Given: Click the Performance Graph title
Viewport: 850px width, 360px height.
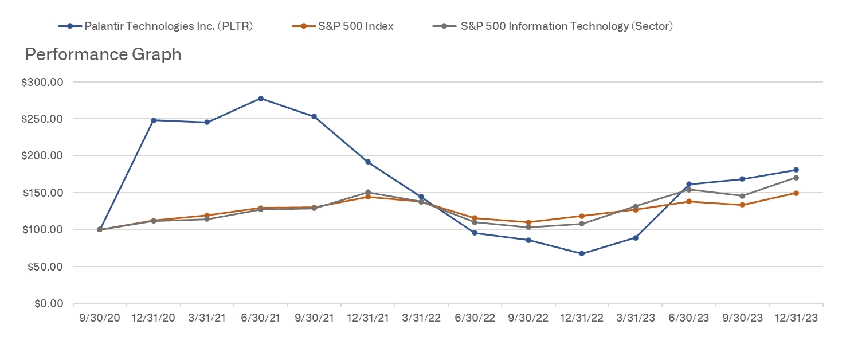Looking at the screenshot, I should coord(103,54).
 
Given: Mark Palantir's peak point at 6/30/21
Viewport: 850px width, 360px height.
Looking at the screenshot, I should coord(261,99).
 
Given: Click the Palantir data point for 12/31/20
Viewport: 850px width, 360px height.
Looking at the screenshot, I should coord(154,120).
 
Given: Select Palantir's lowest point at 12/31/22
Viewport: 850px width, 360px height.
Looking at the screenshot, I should coord(582,253).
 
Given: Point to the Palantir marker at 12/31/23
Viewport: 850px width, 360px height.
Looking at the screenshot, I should coord(796,170).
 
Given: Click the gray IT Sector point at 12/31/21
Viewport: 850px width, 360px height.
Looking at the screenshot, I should coord(368,192).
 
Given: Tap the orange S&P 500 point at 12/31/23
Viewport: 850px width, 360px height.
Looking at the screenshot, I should coord(796,193).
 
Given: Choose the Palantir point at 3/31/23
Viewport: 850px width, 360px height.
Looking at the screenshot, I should coord(636,238).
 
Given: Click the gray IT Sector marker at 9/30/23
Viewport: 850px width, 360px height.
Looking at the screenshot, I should coord(742,196).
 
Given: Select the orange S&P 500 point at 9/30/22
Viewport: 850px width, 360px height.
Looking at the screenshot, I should coord(528,222).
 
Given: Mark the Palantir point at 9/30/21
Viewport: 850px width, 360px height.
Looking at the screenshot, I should coord(314,116).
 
